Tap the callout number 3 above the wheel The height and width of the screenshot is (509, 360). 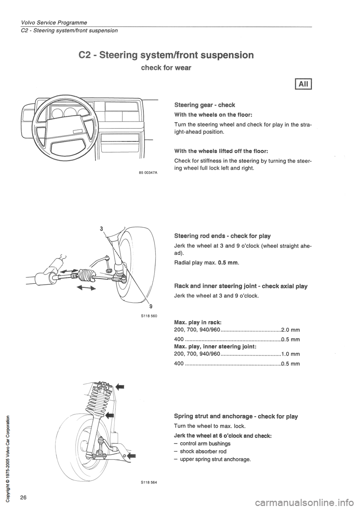click(101, 228)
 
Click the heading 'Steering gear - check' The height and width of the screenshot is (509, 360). click(204, 105)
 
